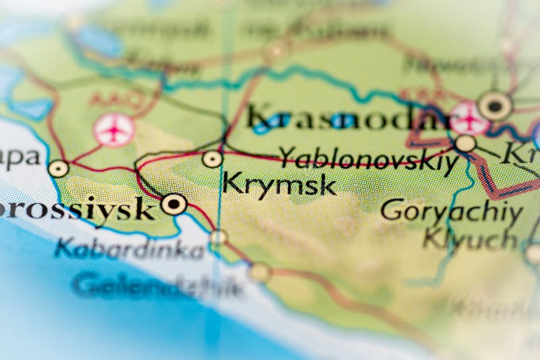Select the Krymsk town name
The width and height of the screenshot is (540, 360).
279,184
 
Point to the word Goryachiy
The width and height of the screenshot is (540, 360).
451,211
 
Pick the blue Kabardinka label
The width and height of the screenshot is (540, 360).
129,250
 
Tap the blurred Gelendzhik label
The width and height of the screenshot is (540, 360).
158,286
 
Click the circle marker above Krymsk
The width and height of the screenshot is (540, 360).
213,159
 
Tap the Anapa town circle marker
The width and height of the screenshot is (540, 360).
59,169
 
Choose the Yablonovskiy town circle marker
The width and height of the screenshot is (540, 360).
465,143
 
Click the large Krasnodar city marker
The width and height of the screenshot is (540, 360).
495,105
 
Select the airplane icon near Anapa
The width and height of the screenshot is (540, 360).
114,130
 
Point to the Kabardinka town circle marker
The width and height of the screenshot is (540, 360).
218,237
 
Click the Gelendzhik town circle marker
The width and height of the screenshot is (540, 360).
260,272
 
